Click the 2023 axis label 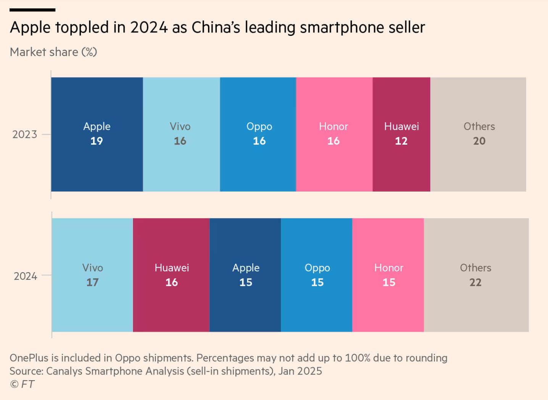point(25,134)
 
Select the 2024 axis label point(26,276)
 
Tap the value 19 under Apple point(97,141)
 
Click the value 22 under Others point(475,282)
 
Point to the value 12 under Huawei point(401,141)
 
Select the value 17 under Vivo point(92,282)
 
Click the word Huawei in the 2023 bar point(401,126)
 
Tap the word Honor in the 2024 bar point(388,268)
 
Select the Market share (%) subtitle point(53,52)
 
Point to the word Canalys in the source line point(64,371)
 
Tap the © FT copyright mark point(22,384)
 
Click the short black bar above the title point(32,10)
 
